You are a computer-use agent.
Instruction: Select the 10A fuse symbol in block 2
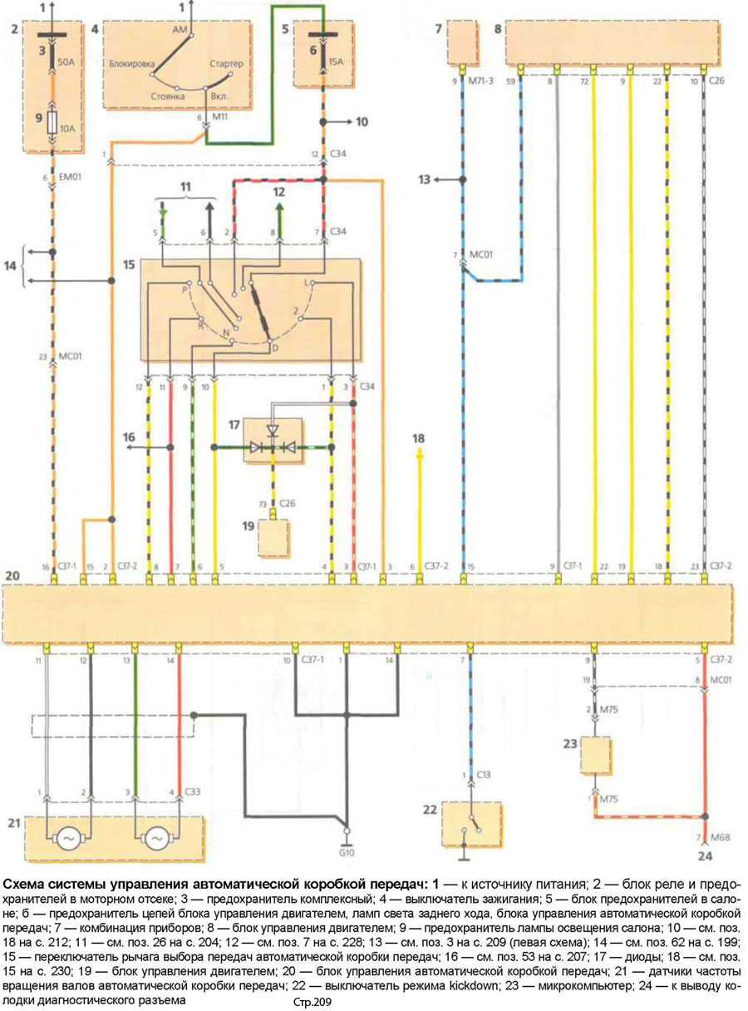[x=54, y=126]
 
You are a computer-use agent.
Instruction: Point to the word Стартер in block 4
[x=225, y=63]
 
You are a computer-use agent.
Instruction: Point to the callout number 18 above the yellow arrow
[x=418, y=437]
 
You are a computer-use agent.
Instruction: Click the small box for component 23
[x=597, y=756]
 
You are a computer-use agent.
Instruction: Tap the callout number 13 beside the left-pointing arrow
[x=425, y=179]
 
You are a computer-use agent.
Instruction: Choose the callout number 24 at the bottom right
[x=705, y=856]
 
